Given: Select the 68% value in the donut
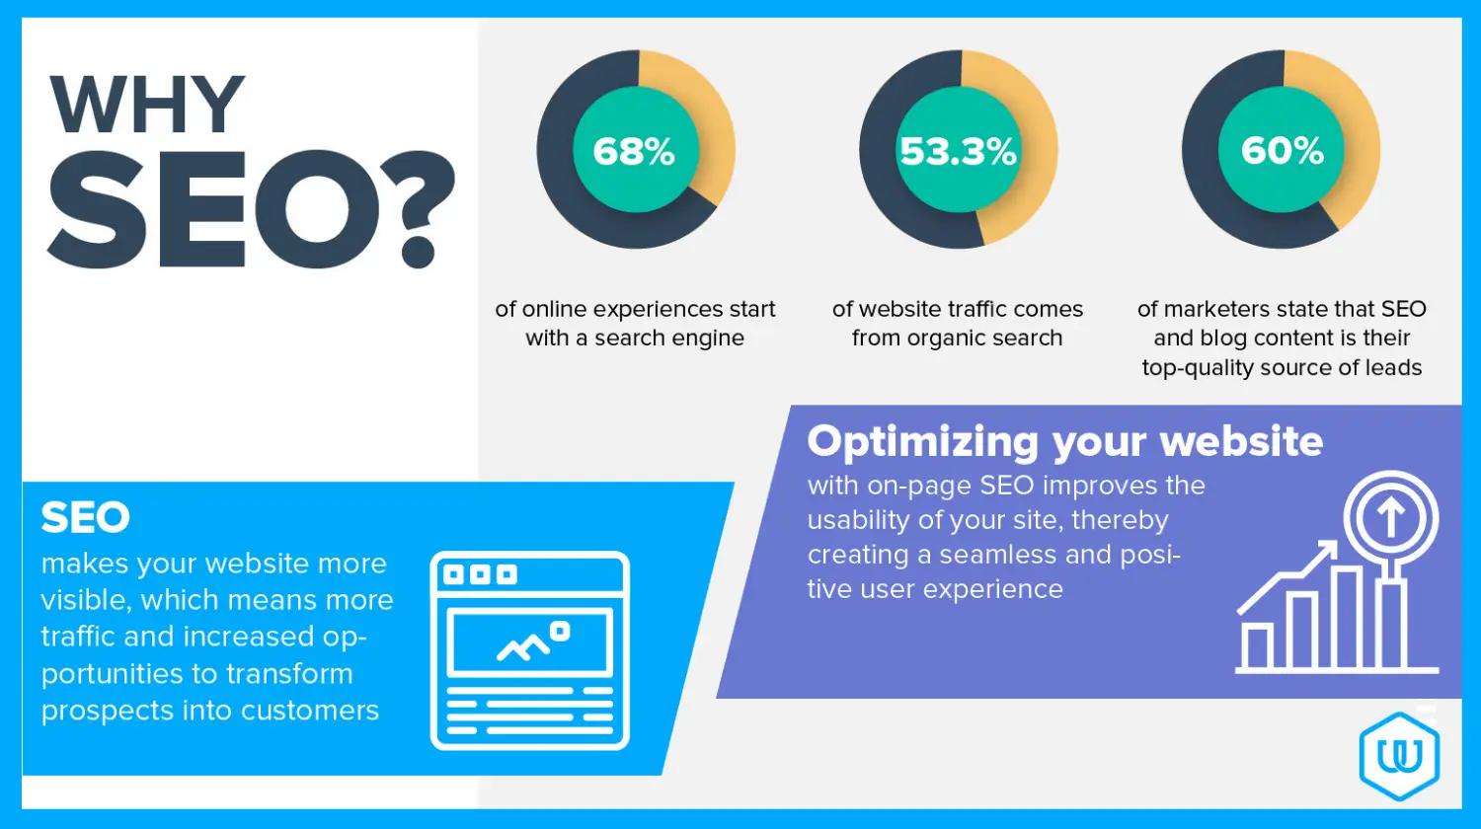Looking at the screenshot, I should coord(635,151).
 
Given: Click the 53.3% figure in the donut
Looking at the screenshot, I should coord(958,151).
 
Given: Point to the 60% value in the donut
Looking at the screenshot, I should coord(1282,151).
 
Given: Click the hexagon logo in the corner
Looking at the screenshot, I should coord(1399,755).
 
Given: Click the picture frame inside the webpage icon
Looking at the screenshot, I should coord(530,642).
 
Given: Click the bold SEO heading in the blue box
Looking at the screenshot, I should coord(86,517).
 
